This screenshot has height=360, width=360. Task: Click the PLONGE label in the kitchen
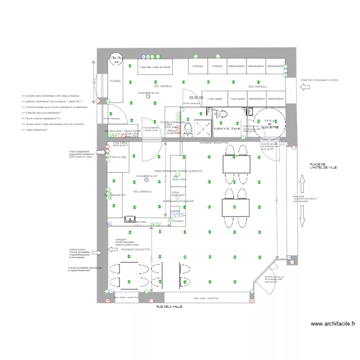click(115, 81)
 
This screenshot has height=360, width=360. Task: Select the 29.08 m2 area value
click(196, 97)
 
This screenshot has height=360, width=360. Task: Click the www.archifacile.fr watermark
click(333, 324)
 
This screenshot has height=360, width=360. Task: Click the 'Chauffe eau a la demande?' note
click(46, 112)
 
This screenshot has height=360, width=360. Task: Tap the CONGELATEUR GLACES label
click(178, 201)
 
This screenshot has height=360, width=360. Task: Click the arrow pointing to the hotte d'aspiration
click(100, 153)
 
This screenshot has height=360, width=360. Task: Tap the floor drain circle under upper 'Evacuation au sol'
click(148, 96)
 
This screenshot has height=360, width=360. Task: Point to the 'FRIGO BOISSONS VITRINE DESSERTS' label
click(178, 171)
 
